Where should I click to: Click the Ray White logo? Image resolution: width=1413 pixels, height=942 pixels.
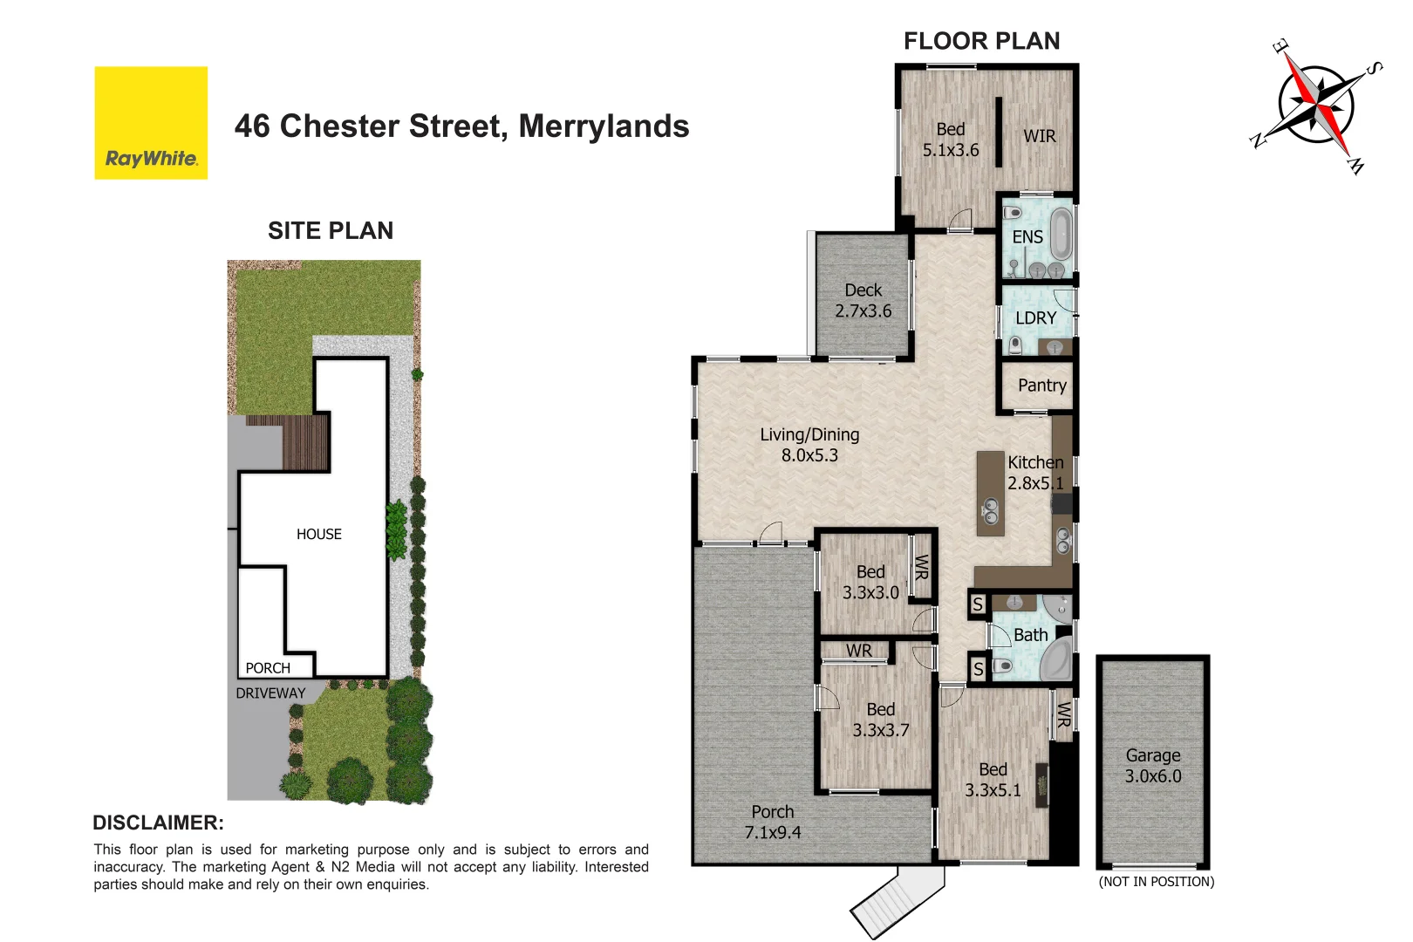pos(151,123)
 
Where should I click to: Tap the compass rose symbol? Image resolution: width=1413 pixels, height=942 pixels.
pos(1317,106)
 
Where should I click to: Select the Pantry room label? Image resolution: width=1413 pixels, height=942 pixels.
pos(1041,386)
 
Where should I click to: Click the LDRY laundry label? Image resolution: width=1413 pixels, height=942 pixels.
pos(1035,318)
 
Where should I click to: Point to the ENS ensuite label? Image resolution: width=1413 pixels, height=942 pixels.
pos(1027,237)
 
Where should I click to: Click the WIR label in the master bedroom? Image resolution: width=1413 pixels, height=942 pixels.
pos(1039,137)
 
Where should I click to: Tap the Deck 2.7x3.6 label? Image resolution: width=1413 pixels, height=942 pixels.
pos(863,301)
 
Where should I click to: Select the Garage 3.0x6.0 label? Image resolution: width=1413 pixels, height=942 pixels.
pos(1152,766)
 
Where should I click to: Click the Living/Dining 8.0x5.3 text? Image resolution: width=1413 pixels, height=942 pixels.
pos(809,445)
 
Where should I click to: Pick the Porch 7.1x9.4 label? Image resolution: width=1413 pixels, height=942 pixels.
pos(772,822)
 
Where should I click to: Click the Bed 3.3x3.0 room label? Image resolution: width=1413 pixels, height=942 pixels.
pos(870,582)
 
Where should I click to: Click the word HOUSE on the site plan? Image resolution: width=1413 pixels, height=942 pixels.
pos(318,535)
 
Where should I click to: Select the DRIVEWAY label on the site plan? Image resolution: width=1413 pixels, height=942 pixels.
pos(270,693)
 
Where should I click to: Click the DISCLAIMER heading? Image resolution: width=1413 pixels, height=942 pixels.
pos(158,823)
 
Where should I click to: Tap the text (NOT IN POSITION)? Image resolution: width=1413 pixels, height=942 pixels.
pos(1156,882)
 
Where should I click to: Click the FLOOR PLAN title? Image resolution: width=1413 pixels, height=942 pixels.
pos(981,41)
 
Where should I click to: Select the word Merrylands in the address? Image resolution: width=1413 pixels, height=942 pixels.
pos(604,126)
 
